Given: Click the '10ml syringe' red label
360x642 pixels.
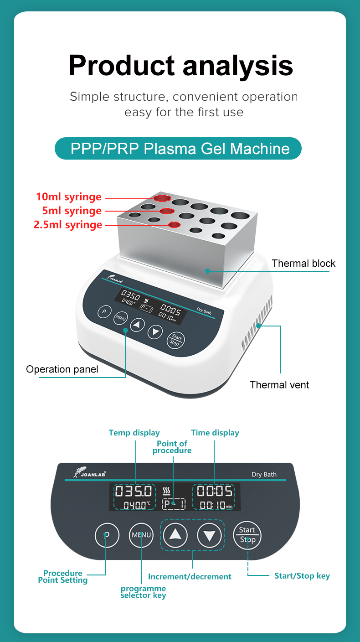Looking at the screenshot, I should (x=69, y=197).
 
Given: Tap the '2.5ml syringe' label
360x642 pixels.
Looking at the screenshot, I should (x=68, y=225).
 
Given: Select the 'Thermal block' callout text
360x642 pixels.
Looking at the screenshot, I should (x=303, y=263).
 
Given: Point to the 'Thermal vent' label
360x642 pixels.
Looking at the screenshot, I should (x=279, y=385).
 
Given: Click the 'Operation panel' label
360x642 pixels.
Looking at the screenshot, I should (x=62, y=369).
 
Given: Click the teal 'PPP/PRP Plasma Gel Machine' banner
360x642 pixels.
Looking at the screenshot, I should (x=178, y=149).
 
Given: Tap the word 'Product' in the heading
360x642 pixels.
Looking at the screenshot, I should (x=121, y=65).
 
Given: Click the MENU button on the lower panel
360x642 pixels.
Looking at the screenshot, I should (x=141, y=535).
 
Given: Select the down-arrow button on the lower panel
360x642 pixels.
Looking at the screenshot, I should (x=210, y=535).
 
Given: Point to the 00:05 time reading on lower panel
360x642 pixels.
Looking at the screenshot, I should (x=215, y=491).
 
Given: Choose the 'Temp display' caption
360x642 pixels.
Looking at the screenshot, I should (x=134, y=433).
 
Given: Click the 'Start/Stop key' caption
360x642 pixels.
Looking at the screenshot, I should (x=302, y=576).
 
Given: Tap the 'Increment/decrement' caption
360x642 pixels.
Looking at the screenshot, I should (x=190, y=576).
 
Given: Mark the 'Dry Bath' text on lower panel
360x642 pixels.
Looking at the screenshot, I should (x=264, y=474).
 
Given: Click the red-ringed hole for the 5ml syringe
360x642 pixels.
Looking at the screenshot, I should (x=167, y=211).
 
